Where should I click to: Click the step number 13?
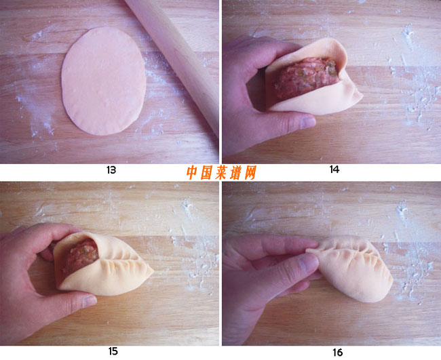tap(111, 170)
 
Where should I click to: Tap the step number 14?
tap(334, 169)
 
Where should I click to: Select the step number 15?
tap(113, 351)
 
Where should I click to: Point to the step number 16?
tap(337, 353)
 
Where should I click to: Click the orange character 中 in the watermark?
tap(192, 173)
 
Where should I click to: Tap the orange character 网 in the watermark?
tap(250, 173)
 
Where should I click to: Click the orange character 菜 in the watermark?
tap(221, 173)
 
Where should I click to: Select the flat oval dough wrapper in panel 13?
tap(104, 81)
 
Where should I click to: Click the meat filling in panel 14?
tap(307, 77)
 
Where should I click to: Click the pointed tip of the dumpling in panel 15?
tap(152, 271)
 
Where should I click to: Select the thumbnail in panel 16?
tap(309, 264)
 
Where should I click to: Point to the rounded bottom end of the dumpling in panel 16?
tap(377, 294)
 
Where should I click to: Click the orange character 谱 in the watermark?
tap(235, 173)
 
